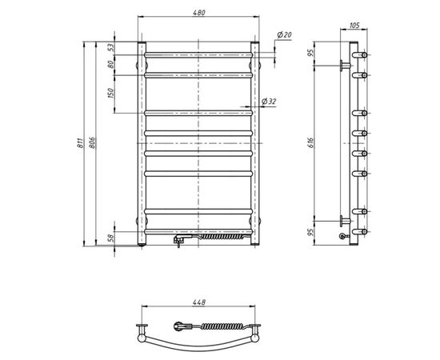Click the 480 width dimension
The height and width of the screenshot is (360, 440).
pos(199,13)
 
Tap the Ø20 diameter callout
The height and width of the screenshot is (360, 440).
pos(284,34)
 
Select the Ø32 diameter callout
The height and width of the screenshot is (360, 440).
pos(269,102)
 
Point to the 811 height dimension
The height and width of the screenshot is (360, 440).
pos(80,143)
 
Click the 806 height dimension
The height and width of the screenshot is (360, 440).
pos(93,143)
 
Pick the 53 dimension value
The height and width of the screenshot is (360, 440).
pos(111,47)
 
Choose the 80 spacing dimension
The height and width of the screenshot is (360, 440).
pos(111,65)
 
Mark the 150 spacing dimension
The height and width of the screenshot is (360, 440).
pos(111,93)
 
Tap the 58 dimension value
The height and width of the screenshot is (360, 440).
pos(111,238)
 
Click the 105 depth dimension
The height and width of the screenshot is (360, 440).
pos(354,26)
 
